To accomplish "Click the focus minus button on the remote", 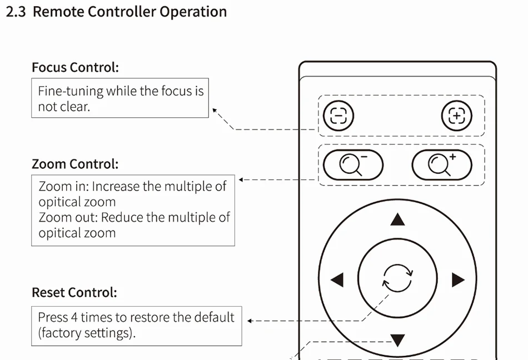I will (338, 116).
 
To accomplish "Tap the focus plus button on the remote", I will (456, 116).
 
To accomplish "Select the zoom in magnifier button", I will (442, 165).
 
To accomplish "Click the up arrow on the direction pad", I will (397, 220).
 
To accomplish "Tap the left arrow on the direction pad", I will (337, 279).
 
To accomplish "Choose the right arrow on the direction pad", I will (458, 279).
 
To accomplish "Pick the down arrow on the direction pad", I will (397, 339).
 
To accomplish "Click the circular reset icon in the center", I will (397, 278).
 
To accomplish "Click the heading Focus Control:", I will (75, 68).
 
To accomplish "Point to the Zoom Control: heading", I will (75, 164).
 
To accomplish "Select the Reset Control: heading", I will (74, 293).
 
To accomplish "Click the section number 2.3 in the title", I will (16, 12).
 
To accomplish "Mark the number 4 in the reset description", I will (74, 318).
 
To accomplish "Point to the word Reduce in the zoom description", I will (122, 217).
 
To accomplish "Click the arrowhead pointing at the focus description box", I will (215, 111).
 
